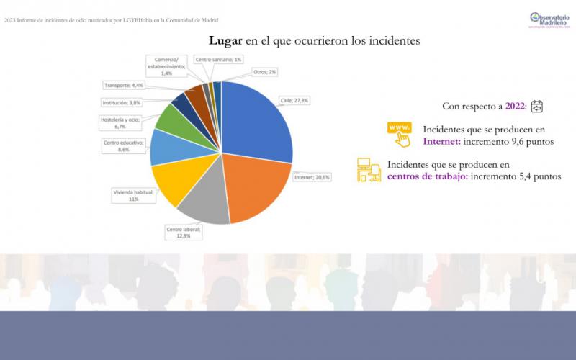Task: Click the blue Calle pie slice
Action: point(259,122)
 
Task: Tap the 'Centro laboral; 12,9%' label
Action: point(184,232)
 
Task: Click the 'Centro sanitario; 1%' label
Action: point(219,59)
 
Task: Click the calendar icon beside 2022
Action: point(536,107)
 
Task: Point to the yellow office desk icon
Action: point(369,170)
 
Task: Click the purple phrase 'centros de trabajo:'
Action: point(427,176)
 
